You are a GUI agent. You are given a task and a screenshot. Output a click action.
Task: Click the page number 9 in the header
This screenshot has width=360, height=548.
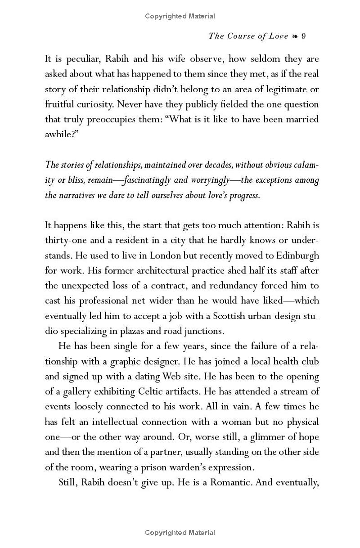(303, 36)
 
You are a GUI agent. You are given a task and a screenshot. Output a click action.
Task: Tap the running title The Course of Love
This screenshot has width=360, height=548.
(248, 36)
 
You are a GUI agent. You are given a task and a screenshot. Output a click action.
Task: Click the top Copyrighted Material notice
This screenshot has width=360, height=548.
(180, 16)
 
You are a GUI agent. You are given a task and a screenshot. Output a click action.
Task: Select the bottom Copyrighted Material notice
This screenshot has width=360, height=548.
(180, 533)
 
